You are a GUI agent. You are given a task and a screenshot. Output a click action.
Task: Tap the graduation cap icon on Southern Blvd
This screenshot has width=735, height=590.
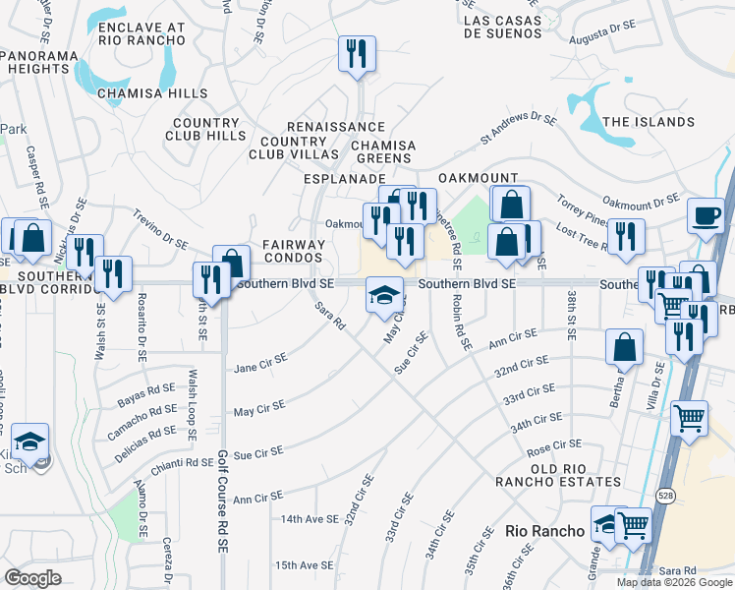click(384, 294)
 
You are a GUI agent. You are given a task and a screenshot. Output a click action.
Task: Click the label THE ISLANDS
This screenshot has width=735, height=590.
click(649, 122)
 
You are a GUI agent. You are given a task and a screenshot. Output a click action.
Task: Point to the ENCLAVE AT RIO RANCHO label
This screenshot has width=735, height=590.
click(142, 32)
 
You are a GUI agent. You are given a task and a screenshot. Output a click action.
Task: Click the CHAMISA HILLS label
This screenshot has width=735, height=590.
click(152, 93)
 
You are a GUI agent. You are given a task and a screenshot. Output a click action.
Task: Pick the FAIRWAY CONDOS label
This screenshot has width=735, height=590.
click(294, 251)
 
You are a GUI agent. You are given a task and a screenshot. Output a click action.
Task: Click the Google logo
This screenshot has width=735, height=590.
click(32, 577)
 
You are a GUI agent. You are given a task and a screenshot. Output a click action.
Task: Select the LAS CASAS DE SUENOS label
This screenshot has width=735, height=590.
click(502, 27)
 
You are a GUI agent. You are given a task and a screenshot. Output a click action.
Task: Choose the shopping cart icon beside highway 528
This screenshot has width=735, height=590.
click(690, 417)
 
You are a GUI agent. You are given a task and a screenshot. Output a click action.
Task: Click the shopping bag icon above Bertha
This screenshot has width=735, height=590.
click(625, 346)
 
